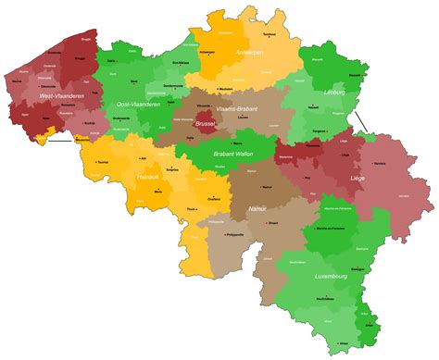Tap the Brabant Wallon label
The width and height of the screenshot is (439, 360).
click(x=233, y=155)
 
